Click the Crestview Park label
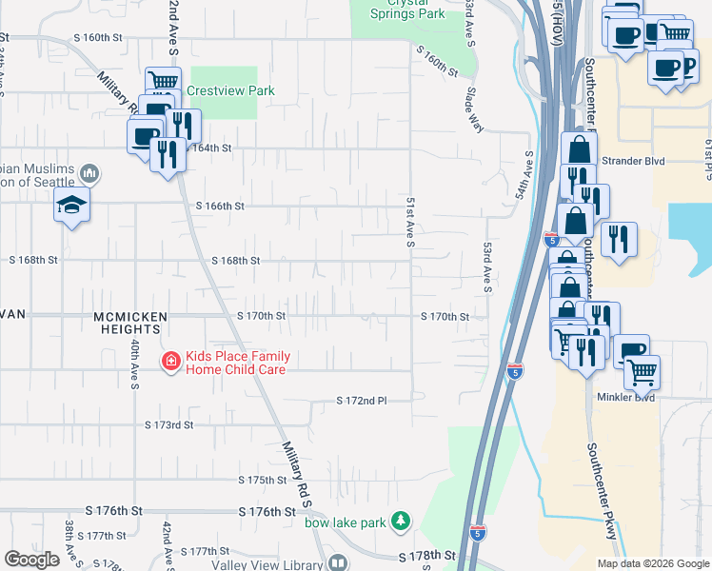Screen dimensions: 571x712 (x=230, y=90)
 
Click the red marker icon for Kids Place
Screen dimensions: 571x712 (x=170, y=362)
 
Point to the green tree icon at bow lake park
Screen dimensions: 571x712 (x=403, y=522)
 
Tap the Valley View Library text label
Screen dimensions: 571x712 (x=267, y=563)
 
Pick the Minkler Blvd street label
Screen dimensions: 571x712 (x=626, y=397)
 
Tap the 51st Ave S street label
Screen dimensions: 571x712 (x=410, y=224)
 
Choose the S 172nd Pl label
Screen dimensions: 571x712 (x=362, y=403)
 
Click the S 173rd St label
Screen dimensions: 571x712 (x=168, y=424)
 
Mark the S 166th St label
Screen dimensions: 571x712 (x=221, y=206)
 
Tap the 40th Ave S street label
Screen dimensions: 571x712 (x=135, y=365)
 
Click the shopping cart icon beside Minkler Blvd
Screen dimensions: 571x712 (x=642, y=372)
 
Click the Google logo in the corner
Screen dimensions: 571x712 (x=31, y=560)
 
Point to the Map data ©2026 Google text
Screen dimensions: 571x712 (x=652, y=563)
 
